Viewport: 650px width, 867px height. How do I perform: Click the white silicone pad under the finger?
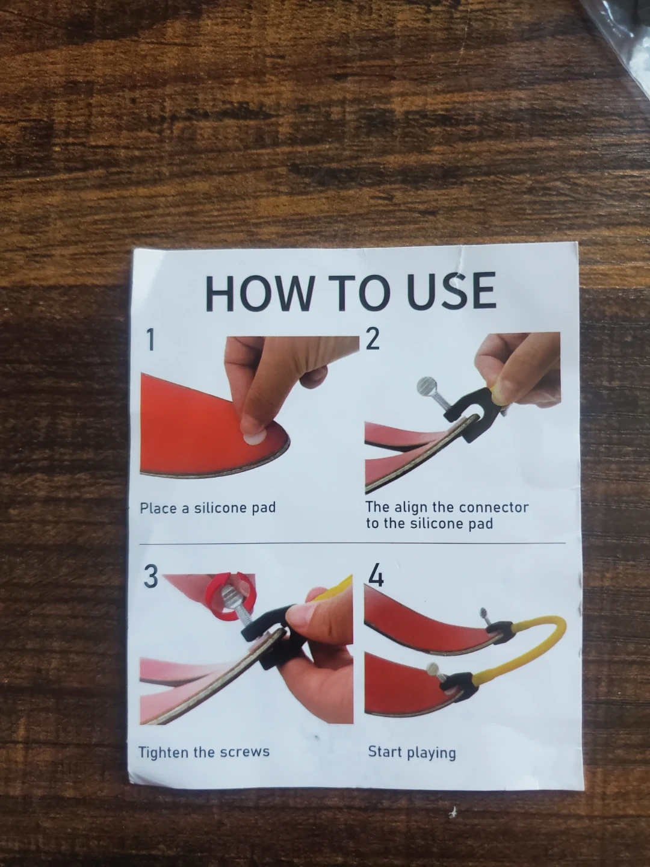click(x=253, y=438)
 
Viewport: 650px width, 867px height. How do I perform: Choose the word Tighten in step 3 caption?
click(x=163, y=751)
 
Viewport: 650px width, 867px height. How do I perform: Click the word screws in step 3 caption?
click(x=245, y=752)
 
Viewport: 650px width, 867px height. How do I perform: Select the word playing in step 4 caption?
click(x=432, y=753)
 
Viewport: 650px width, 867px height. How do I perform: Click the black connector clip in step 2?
click(x=469, y=413)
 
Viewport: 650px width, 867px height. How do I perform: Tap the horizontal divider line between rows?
click(x=352, y=544)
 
